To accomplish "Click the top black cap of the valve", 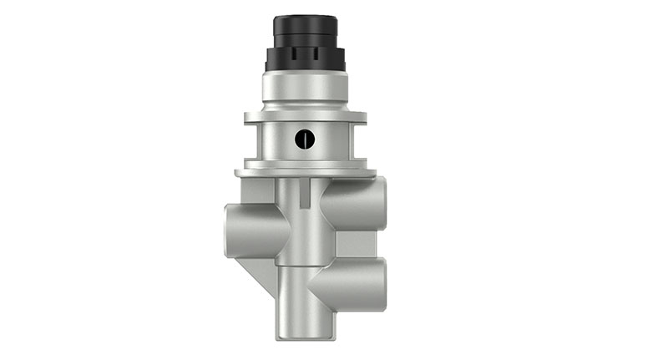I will point(304,31).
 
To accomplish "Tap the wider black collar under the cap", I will point(304,59).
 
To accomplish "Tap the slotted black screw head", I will point(306,139).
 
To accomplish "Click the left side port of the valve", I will point(237,226).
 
